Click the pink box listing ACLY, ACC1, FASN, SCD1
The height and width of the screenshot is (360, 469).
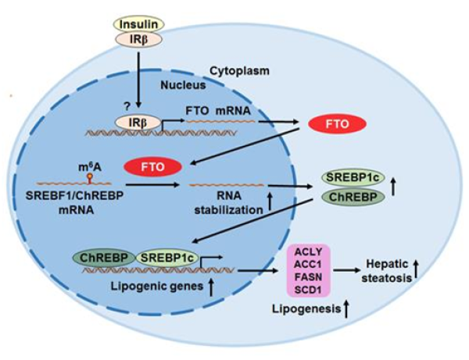(x=312, y=271)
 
